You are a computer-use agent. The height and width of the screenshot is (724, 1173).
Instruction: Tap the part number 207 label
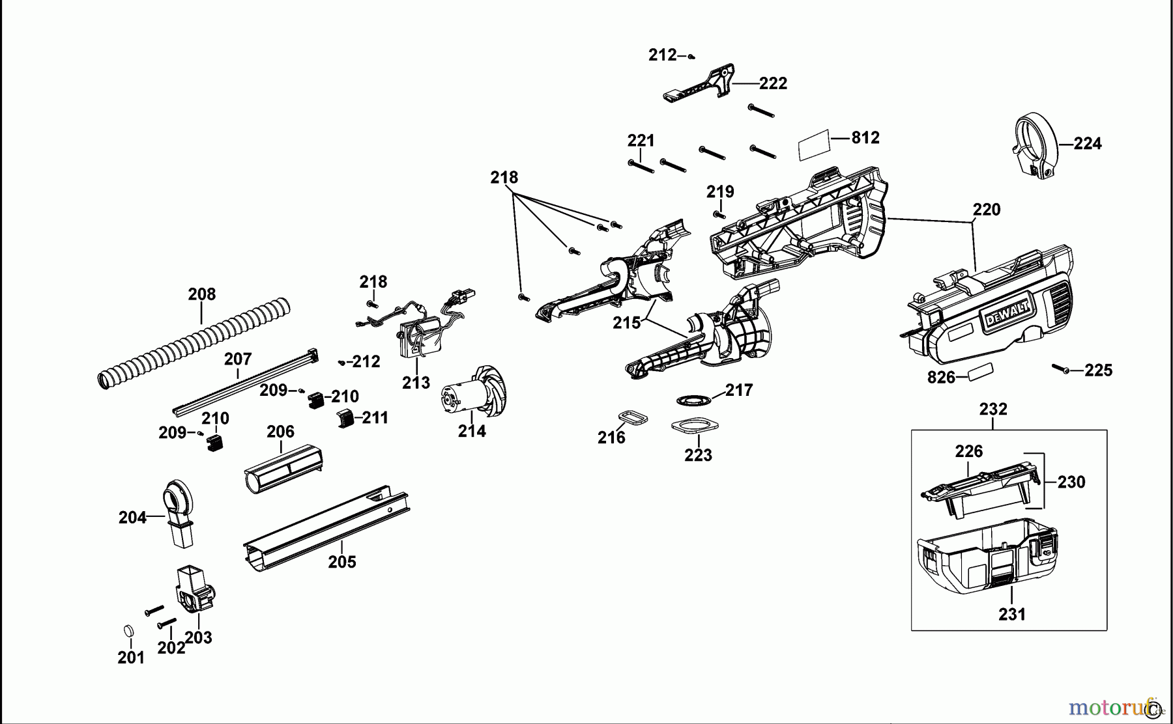(x=238, y=359)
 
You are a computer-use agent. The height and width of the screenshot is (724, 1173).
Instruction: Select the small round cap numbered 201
(x=128, y=631)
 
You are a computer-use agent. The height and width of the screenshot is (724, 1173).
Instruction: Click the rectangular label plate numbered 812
(x=814, y=145)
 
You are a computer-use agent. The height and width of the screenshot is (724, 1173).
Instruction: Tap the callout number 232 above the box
(x=992, y=410)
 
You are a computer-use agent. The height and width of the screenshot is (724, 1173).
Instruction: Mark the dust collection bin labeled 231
(x=984, y=557)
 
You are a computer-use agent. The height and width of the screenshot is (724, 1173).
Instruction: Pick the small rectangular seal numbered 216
(x=631, y=417)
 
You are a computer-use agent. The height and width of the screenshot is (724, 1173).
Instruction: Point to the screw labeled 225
(x=1060, y=369)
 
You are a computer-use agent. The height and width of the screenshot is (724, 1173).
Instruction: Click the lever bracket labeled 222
(x=701, y=83)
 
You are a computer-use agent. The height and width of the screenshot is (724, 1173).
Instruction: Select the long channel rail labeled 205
(x=326, y=529)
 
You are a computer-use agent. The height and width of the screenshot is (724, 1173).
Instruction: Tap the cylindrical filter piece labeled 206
(x=283, y=470)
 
